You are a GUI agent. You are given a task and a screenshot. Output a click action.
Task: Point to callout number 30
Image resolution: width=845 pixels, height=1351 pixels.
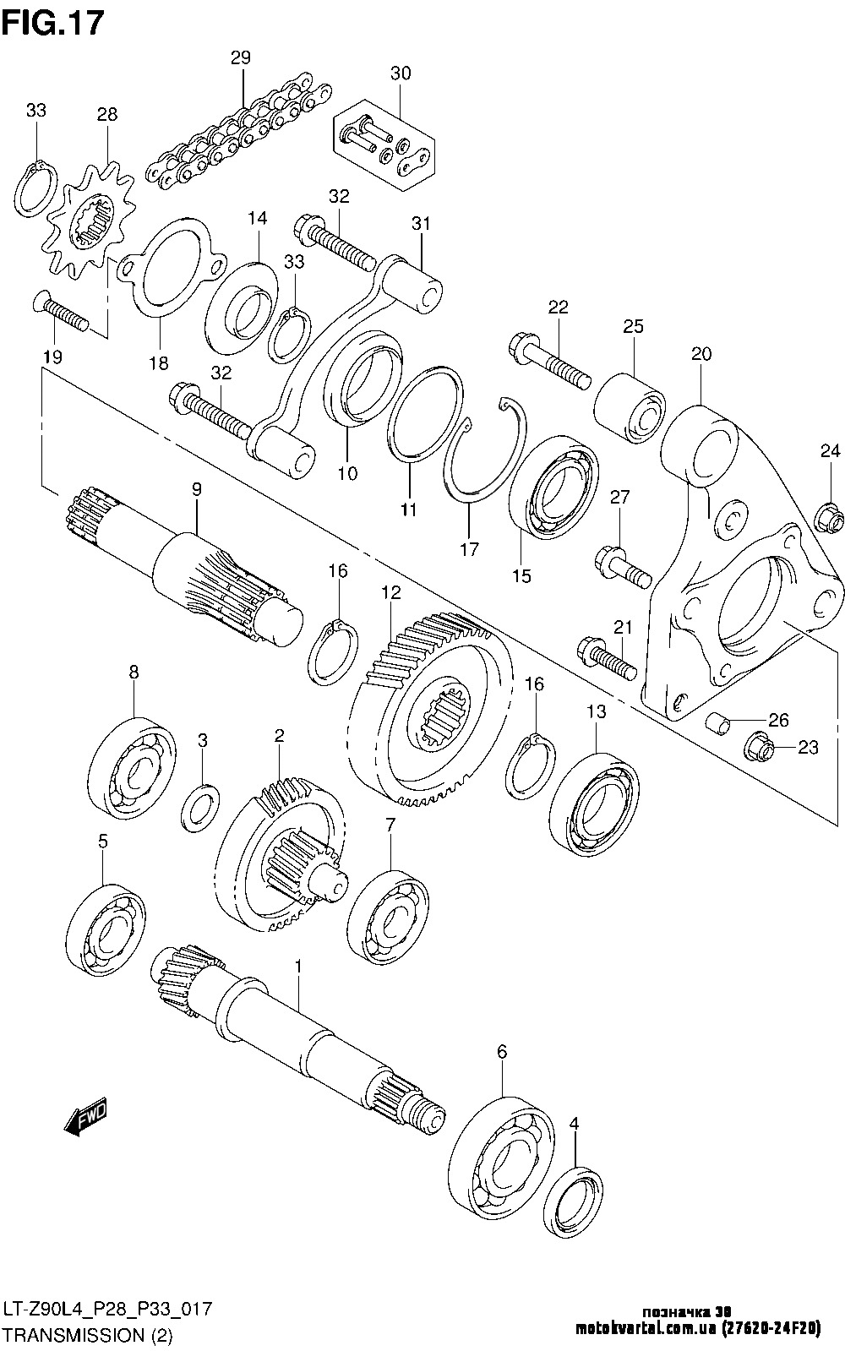tap(401, 74)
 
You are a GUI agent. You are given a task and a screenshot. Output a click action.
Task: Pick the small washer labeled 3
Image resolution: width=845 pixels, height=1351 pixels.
tap(201, 806)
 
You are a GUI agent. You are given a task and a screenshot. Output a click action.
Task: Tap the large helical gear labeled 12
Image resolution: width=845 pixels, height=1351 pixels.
tap(431, 710)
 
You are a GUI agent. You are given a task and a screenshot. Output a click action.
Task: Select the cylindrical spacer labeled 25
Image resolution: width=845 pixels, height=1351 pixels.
tap(630, 404)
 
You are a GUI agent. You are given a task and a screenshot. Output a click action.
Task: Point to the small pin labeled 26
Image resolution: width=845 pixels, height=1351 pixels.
tap(717, 723)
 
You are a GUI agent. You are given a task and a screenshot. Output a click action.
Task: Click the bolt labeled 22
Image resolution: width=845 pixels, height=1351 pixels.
tap(550, 359)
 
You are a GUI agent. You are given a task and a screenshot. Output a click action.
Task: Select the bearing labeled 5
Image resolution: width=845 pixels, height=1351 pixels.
tap(106, 930)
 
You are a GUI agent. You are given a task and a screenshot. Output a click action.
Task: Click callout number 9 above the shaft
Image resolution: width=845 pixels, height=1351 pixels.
tap(196, 488)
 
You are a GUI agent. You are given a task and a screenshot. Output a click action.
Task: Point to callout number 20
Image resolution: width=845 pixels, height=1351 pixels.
tap(701, 354)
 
